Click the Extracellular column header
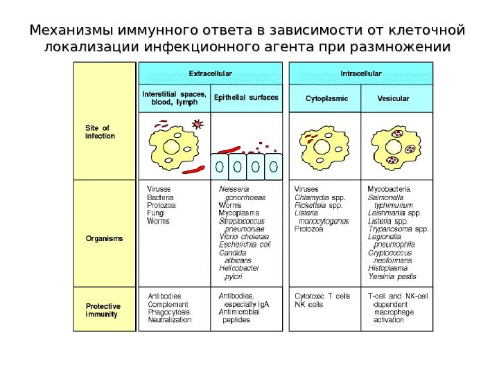click(211, 73)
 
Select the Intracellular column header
click(360, 73)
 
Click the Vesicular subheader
click(393, 99)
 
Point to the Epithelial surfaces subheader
click(246, 98)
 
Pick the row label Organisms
click(104, 238)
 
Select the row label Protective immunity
click(103, 310)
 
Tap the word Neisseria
click(234, 188)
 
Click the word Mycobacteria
click(390, 188)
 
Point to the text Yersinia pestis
click(392, 276)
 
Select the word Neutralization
click(170, 321)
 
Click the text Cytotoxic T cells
click(322, 296)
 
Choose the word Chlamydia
click(310, 197)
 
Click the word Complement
click(168, 305)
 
